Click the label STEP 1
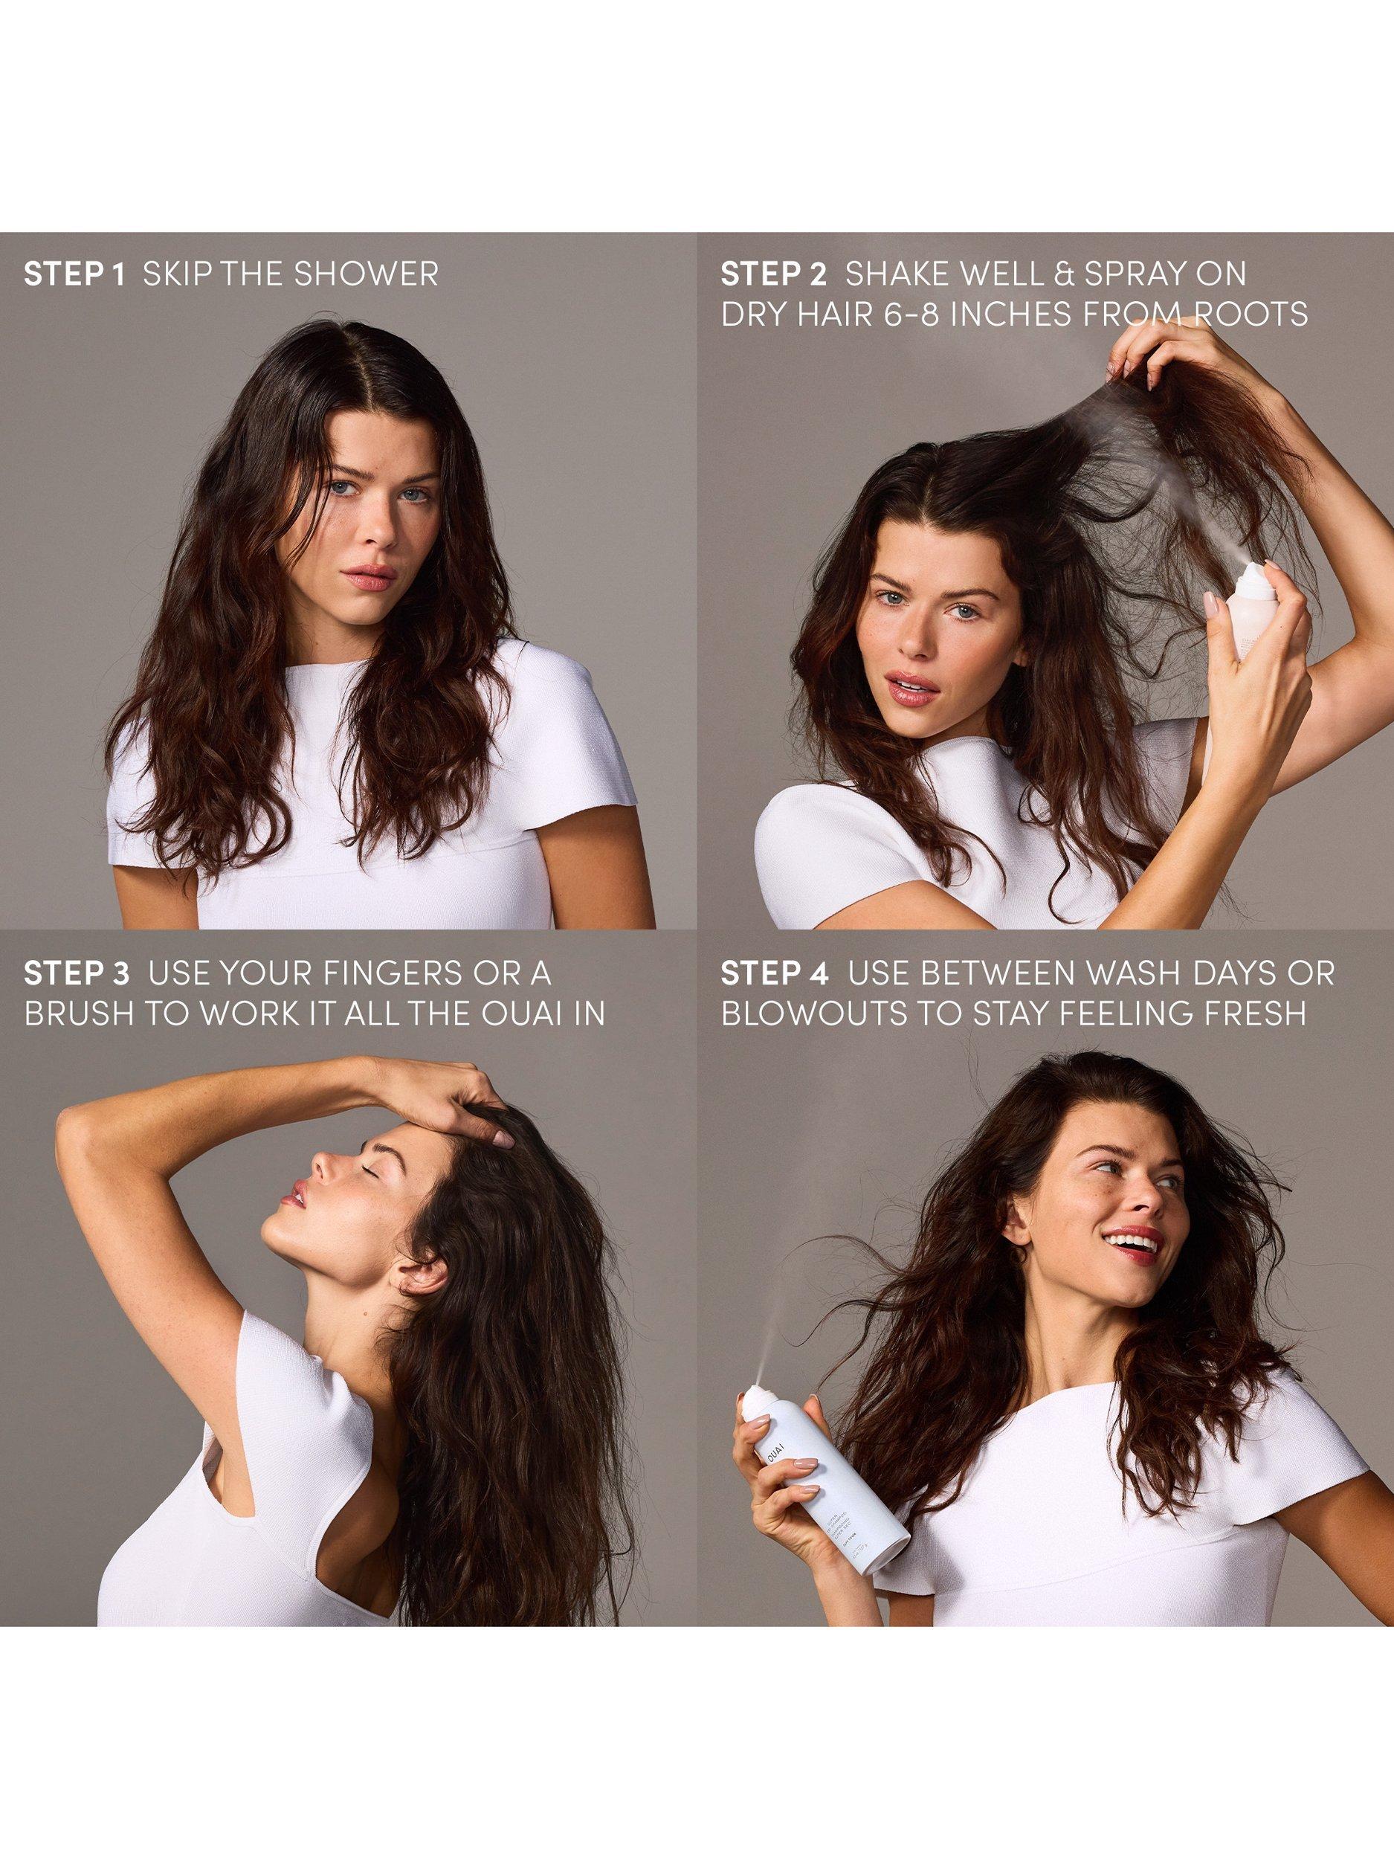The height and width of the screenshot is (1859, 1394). (x=74, y=275)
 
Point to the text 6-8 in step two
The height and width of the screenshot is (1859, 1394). (x=947, y=315)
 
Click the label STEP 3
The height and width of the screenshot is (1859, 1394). (x=77, y=973)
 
